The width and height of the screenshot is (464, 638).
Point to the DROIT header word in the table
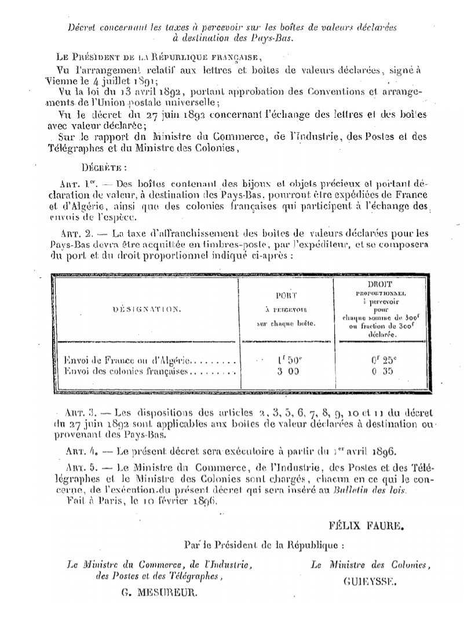point(380,285)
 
